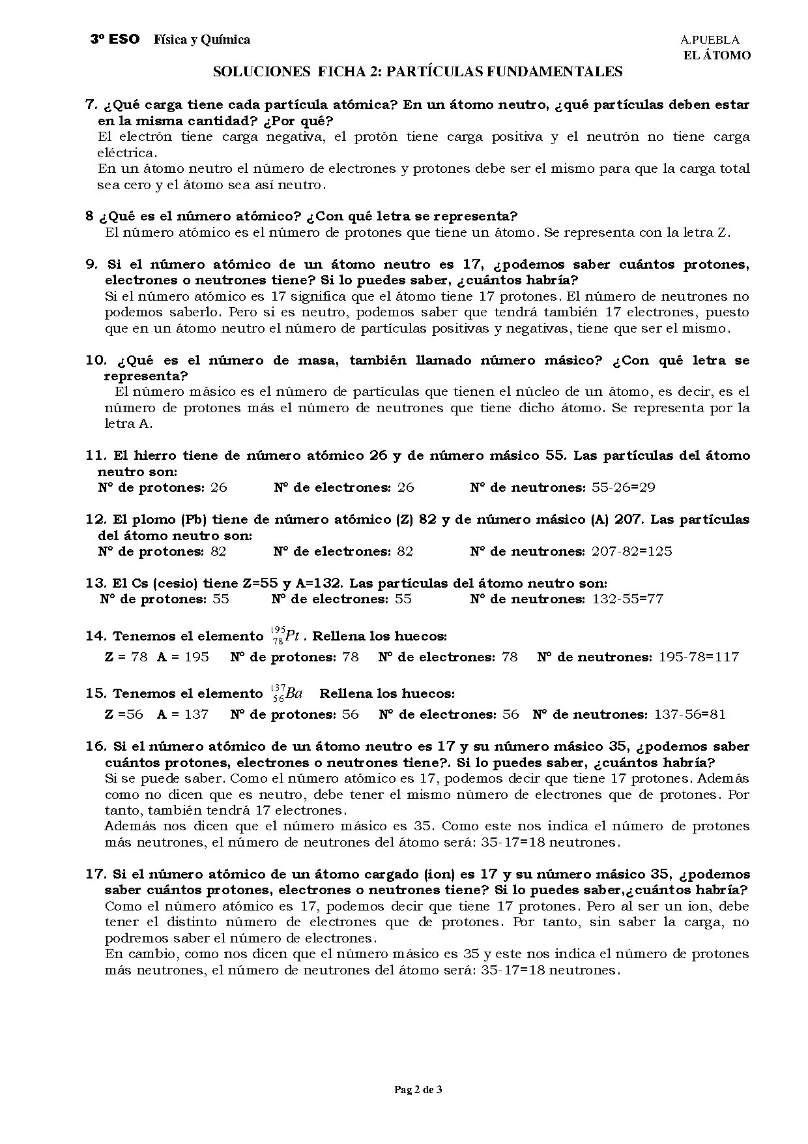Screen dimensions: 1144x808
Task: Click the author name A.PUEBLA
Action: [x=710, y=40]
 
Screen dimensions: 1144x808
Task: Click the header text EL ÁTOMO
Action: [x=716, y=55]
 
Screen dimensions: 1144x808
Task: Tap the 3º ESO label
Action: [x=115, y=40]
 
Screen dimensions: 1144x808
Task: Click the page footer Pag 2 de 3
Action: [x=418, y=1089]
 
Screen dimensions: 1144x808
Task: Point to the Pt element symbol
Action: [x=292, y=637]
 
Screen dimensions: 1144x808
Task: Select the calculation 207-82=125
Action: [x=631, y=551]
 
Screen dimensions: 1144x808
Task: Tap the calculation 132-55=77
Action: [x=627, y=599]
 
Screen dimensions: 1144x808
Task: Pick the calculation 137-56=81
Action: [x=689, y=714]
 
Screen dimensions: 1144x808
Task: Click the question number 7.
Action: [x=91, y=105]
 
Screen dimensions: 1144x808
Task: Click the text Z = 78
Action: [x=126, y=657]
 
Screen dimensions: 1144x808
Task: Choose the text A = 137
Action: [x=182, y=714]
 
